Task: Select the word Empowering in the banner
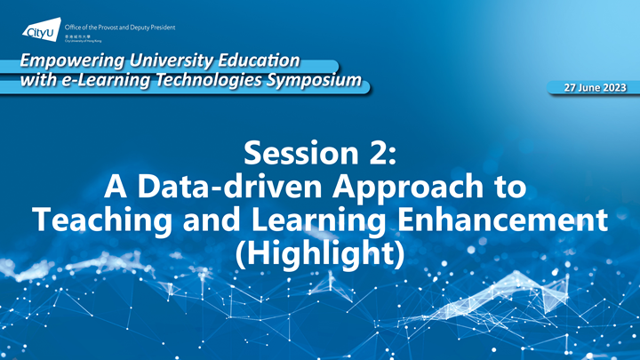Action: tap(65, 61)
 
